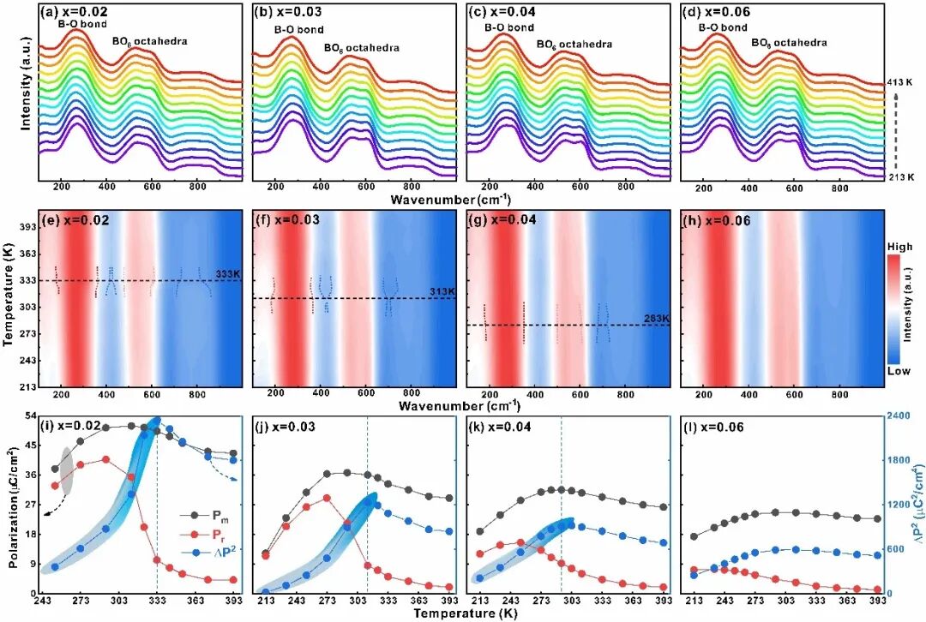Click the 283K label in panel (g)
tap(657, 318)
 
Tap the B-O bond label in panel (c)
tap(508, 27)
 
